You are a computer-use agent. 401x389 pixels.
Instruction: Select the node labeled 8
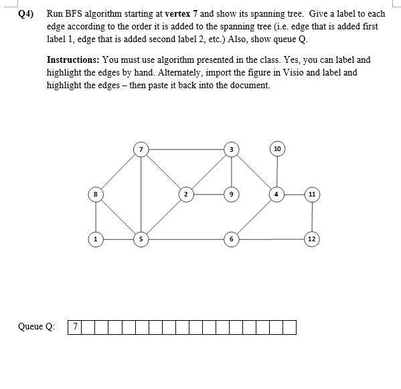pyautogui.click(x=96, y=194)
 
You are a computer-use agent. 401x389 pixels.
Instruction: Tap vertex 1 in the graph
pyautogui.click(x=96, y=238)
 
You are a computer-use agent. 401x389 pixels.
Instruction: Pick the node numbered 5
pyautogui.click(x=141, y=238)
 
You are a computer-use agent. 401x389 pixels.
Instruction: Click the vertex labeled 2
pyautogui.click(x=185, y=194)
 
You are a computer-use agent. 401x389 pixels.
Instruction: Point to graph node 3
pyautogui.click(x=230, y=148)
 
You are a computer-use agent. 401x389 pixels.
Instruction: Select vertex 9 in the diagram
pyautogui.click(x=230, y=194)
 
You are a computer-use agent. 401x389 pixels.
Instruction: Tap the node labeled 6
pyautogui.click(x=230, y=238)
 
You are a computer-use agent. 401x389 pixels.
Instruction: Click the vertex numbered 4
pyautogui.click(x=276, y=194)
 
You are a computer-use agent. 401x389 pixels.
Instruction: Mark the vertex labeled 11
pyautogui.click(x=312, y=194)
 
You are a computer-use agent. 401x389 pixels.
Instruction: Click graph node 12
pyautogui.click(x=312, y=238)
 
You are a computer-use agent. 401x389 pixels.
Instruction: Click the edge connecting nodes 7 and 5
pyautogui.click(x=141, y=194)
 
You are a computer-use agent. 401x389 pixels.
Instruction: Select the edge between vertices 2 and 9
pyautogui.click(x=208, y=194)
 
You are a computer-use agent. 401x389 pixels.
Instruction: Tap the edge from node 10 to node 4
pyautogui.click(x=276, y=172)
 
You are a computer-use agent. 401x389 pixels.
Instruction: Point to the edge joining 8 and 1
pyautogui.click(x=96, y=217)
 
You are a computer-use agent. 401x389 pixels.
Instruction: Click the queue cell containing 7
pyautogui.click(x=76, y=328)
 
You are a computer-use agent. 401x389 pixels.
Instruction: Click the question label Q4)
pyautogui.click(x=25, y=13)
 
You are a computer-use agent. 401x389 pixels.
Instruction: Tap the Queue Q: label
pyautogui.click(x=37, y=328)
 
